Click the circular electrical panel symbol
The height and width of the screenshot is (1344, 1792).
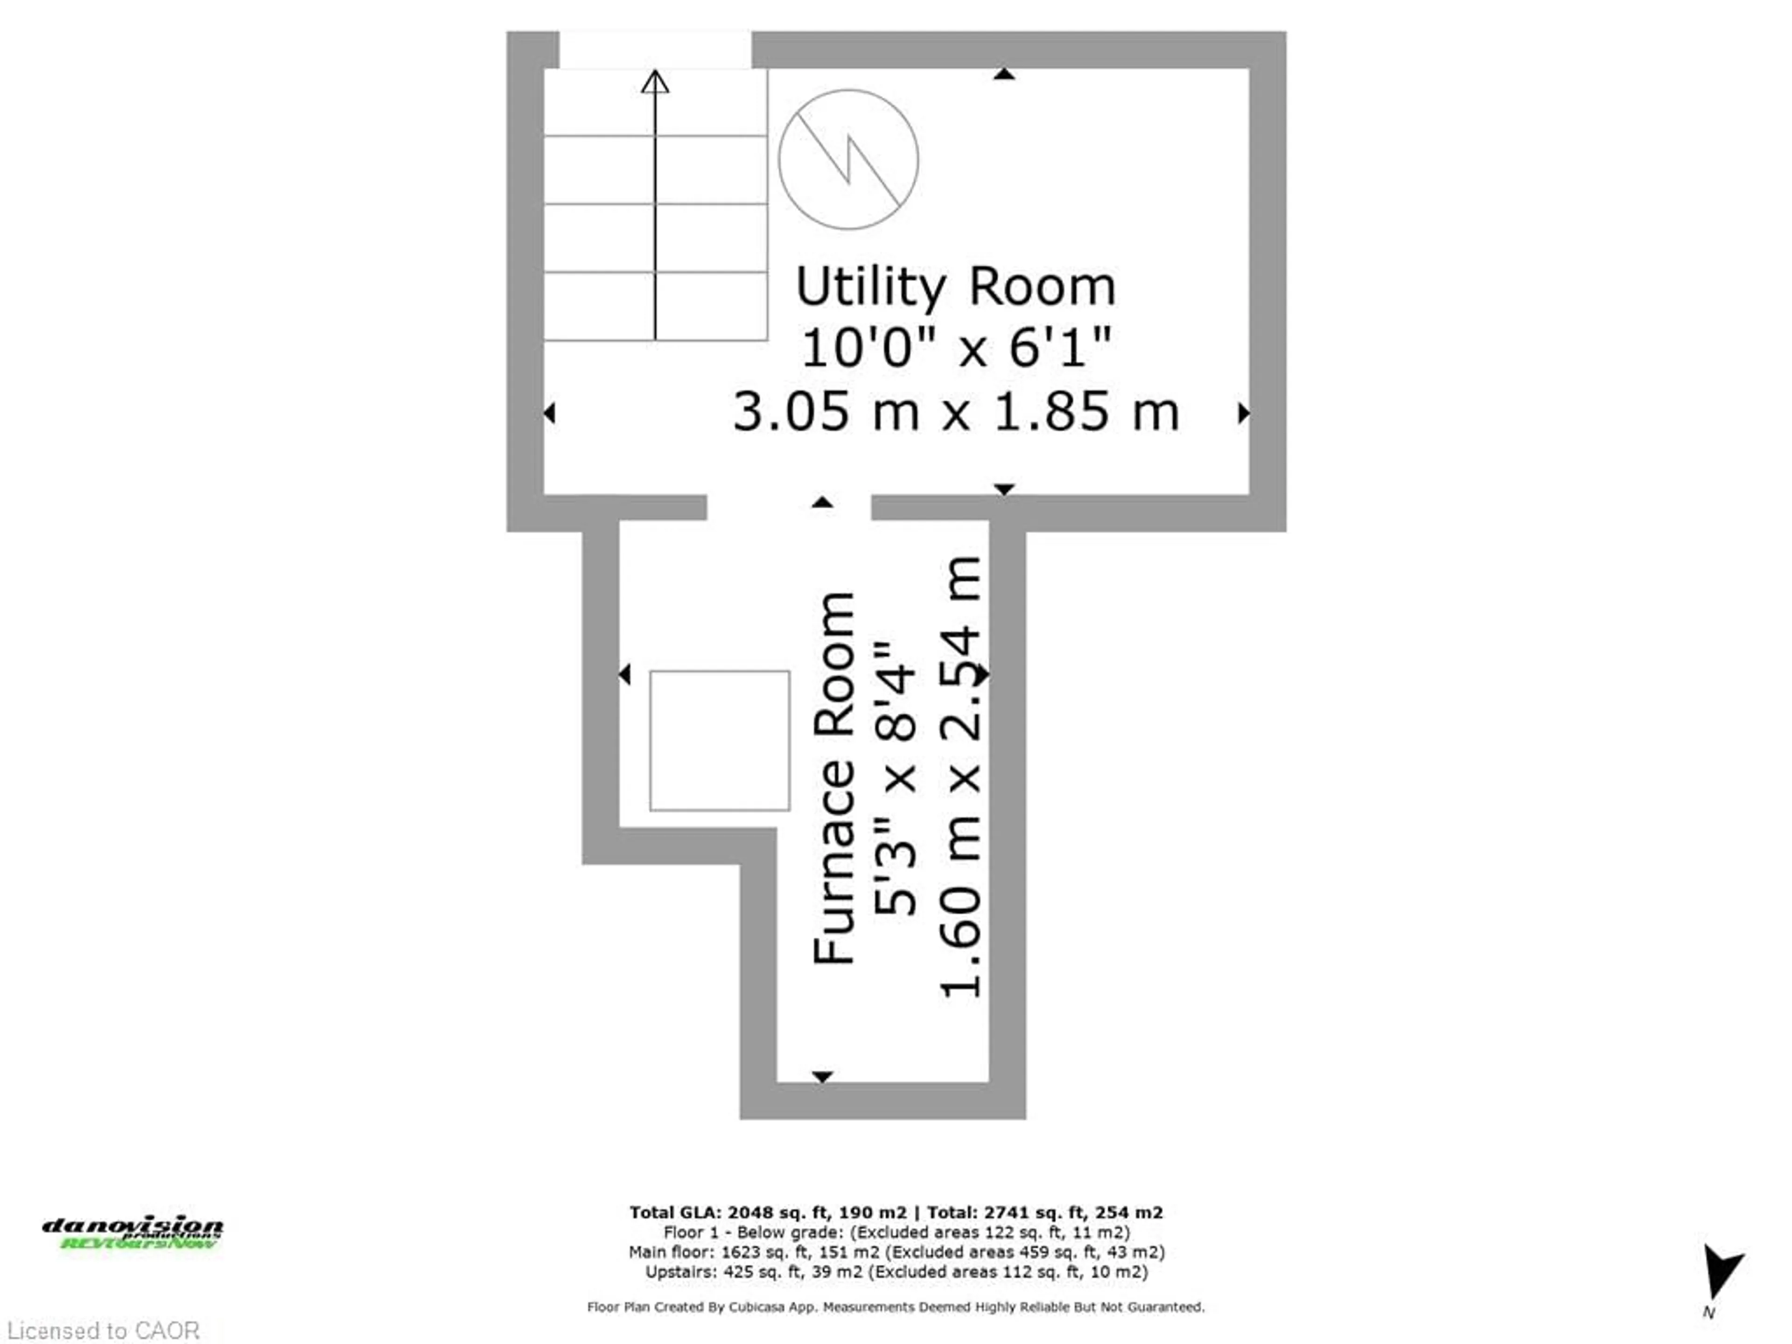point(848,160)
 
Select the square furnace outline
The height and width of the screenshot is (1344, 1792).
point(720,741)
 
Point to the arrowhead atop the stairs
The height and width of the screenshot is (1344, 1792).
point(655,81)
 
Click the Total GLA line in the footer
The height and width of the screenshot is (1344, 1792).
point(896,1213)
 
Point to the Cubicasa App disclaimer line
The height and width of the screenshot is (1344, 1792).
point(896,1307)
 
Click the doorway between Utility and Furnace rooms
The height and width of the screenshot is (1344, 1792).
point(789,507)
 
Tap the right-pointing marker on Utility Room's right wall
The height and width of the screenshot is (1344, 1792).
point(1244,413)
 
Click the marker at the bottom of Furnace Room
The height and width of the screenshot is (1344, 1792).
point(822,1077)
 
